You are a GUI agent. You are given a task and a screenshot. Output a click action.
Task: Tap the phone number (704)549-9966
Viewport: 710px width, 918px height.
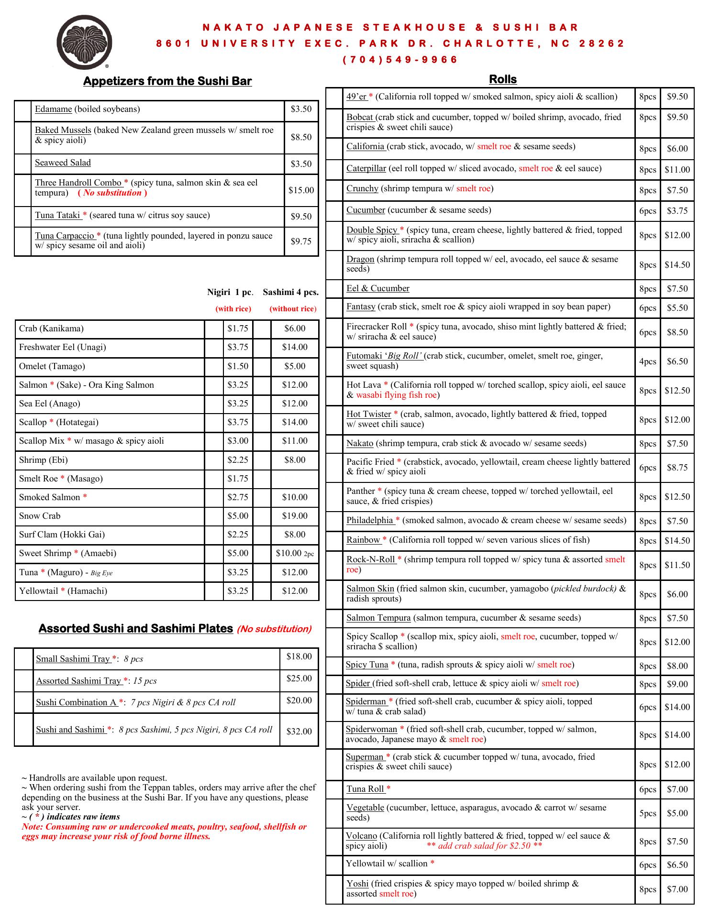click(x=400, y=60)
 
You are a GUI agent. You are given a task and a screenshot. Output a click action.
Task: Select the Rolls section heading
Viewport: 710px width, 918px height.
click(x=503, y=79)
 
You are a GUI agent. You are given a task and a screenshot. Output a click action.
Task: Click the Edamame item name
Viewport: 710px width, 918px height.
click(x=53, y=109)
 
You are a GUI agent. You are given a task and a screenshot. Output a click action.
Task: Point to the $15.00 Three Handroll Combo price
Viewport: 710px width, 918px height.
click(x=301, y=190)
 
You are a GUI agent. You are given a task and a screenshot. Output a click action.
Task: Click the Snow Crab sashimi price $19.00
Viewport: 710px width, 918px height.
click(x=295, y=516)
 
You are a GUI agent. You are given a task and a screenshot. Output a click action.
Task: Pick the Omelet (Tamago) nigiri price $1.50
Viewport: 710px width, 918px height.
click(x=238, y=366)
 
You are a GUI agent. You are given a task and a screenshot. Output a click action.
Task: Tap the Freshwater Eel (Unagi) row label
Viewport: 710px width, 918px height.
click(x=63, y=347)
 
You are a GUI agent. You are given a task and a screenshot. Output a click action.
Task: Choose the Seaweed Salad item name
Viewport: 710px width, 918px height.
click(x=63, y=163)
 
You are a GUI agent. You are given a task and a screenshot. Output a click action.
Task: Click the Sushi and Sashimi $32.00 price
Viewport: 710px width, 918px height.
click(x=299, y=732)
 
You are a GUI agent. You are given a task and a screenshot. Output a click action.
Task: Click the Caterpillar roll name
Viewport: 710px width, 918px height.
click(x=366, y=168)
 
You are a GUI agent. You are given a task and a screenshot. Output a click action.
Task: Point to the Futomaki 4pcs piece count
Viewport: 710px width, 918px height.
click(x=647, y=361)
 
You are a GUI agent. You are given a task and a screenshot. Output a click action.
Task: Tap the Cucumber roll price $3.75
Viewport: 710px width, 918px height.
click(x=677, y=211)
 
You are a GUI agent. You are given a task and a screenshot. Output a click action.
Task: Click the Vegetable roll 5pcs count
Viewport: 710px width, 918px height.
click(x=647, y=813)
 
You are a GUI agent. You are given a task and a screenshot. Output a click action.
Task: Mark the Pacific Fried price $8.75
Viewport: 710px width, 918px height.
click(x=677, y=468)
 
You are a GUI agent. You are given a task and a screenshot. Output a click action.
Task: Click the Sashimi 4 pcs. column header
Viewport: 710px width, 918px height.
click(x=290, y=292)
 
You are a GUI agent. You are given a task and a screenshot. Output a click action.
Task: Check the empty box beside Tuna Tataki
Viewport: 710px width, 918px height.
click(x=23, y=217)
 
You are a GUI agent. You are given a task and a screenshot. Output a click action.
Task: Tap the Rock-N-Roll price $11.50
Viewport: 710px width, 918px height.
click(x=677, y=565)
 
